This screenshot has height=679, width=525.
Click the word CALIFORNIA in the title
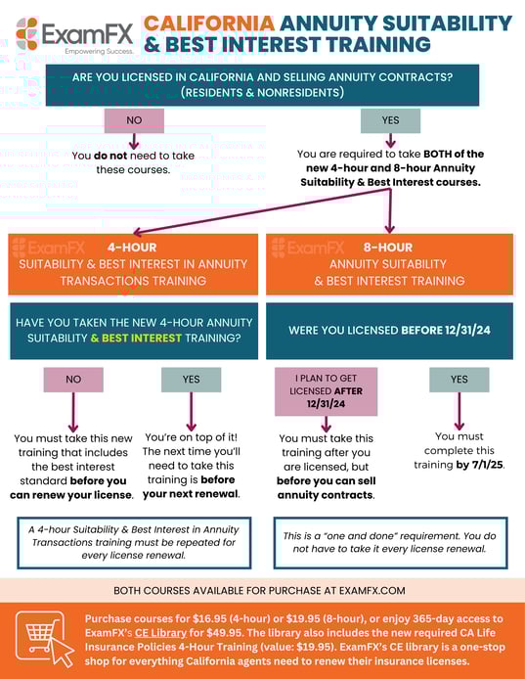[x=206, y=23]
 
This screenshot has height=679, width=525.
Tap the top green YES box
[x=390, y=120]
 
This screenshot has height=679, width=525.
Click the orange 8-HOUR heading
[x=389, y=248]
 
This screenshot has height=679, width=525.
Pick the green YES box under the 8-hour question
[x=459, y=379]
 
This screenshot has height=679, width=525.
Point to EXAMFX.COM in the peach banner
[x=372, y=591]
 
